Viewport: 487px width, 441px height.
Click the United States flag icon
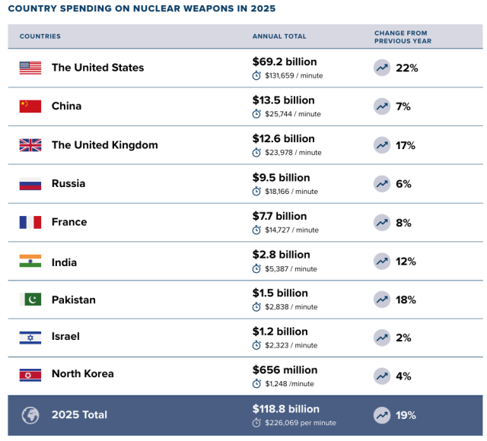pos(30,68)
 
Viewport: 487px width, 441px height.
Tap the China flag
pos(30,106)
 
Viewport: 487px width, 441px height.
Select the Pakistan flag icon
pos(30,299)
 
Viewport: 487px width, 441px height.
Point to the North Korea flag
pos(30,375)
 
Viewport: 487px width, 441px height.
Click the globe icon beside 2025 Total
pos(30,415)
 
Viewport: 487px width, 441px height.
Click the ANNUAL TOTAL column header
pos(279,36)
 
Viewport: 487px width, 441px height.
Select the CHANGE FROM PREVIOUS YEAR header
pos(403,37)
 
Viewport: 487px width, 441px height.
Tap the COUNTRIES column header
pos(40,36)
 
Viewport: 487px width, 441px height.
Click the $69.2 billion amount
pos(285,62)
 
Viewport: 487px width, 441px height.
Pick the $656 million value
pos(285,370)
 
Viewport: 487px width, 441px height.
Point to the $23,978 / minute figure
pos(293,153)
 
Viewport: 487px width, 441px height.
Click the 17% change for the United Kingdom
pos(406,145)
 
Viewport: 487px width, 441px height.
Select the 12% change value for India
pos(406,262)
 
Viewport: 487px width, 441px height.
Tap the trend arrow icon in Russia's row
pos(382,184)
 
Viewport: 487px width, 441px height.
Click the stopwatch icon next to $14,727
pos(256,230)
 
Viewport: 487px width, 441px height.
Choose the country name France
pos(69,222)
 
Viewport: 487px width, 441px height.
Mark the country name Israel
pos(65,336)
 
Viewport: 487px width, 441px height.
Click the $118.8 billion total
pos(286,409)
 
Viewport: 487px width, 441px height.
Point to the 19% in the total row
pos(406,415)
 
